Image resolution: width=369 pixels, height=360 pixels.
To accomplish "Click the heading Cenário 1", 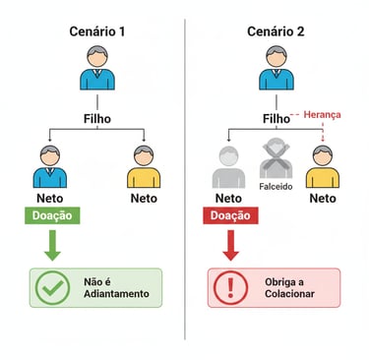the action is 96,31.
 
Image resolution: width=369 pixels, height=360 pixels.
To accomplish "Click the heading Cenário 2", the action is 276,31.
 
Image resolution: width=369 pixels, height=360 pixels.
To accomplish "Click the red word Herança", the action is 322,115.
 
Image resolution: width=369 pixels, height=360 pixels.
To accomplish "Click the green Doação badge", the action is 52,214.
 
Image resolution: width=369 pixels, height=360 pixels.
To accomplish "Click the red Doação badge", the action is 229,214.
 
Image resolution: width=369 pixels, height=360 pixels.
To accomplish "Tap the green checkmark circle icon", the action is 52,287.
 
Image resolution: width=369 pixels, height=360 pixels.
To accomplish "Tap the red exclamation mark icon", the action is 229,288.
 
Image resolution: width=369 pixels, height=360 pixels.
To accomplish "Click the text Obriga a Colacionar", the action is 292,288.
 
